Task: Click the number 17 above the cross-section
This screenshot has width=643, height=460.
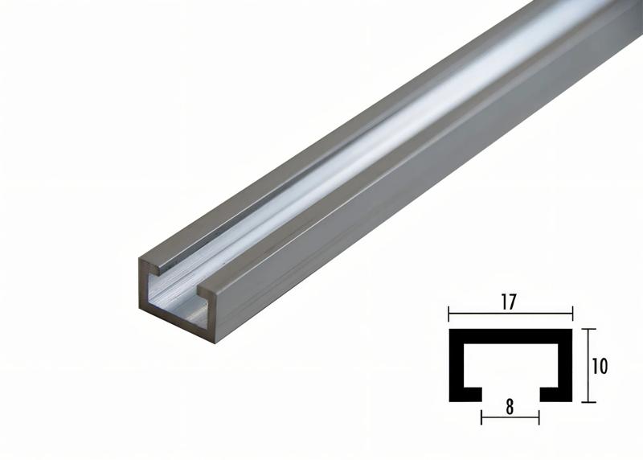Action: coord(509,302)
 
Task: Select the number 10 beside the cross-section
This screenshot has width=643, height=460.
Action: coord(599,366)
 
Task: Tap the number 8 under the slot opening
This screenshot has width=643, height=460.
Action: coord(510,407)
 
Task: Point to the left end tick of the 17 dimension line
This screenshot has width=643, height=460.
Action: coord(448,314)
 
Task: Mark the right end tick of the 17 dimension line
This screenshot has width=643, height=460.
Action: coord(572,314)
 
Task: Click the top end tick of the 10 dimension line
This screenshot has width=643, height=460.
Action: coord(589,329)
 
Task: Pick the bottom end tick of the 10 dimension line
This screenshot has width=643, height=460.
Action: coord(589,401)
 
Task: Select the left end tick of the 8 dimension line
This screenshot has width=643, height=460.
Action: coord(481,417)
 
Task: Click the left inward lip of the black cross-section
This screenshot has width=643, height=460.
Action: coord(469,394)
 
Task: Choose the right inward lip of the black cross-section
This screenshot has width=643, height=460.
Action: coord(553,394)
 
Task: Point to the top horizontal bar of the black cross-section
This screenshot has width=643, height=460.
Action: coord(510,333)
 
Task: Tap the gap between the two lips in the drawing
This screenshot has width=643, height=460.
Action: coord(510,394)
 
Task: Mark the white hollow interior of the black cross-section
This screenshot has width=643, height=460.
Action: coord(510,362)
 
